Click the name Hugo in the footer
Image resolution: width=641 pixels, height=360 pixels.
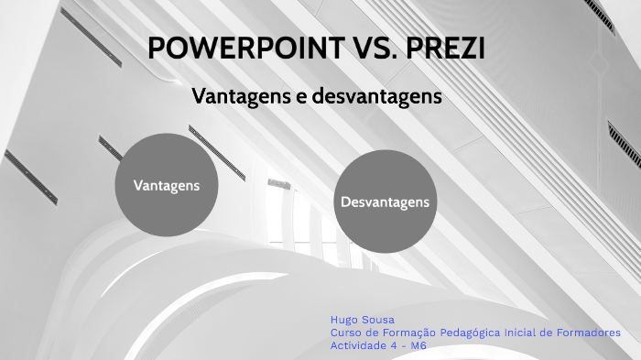point(344,320)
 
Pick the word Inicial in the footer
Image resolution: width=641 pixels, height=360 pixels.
point(527,333)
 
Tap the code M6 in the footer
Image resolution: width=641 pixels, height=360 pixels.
point(418,345)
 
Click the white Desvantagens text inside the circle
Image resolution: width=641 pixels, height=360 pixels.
point(385,201)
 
